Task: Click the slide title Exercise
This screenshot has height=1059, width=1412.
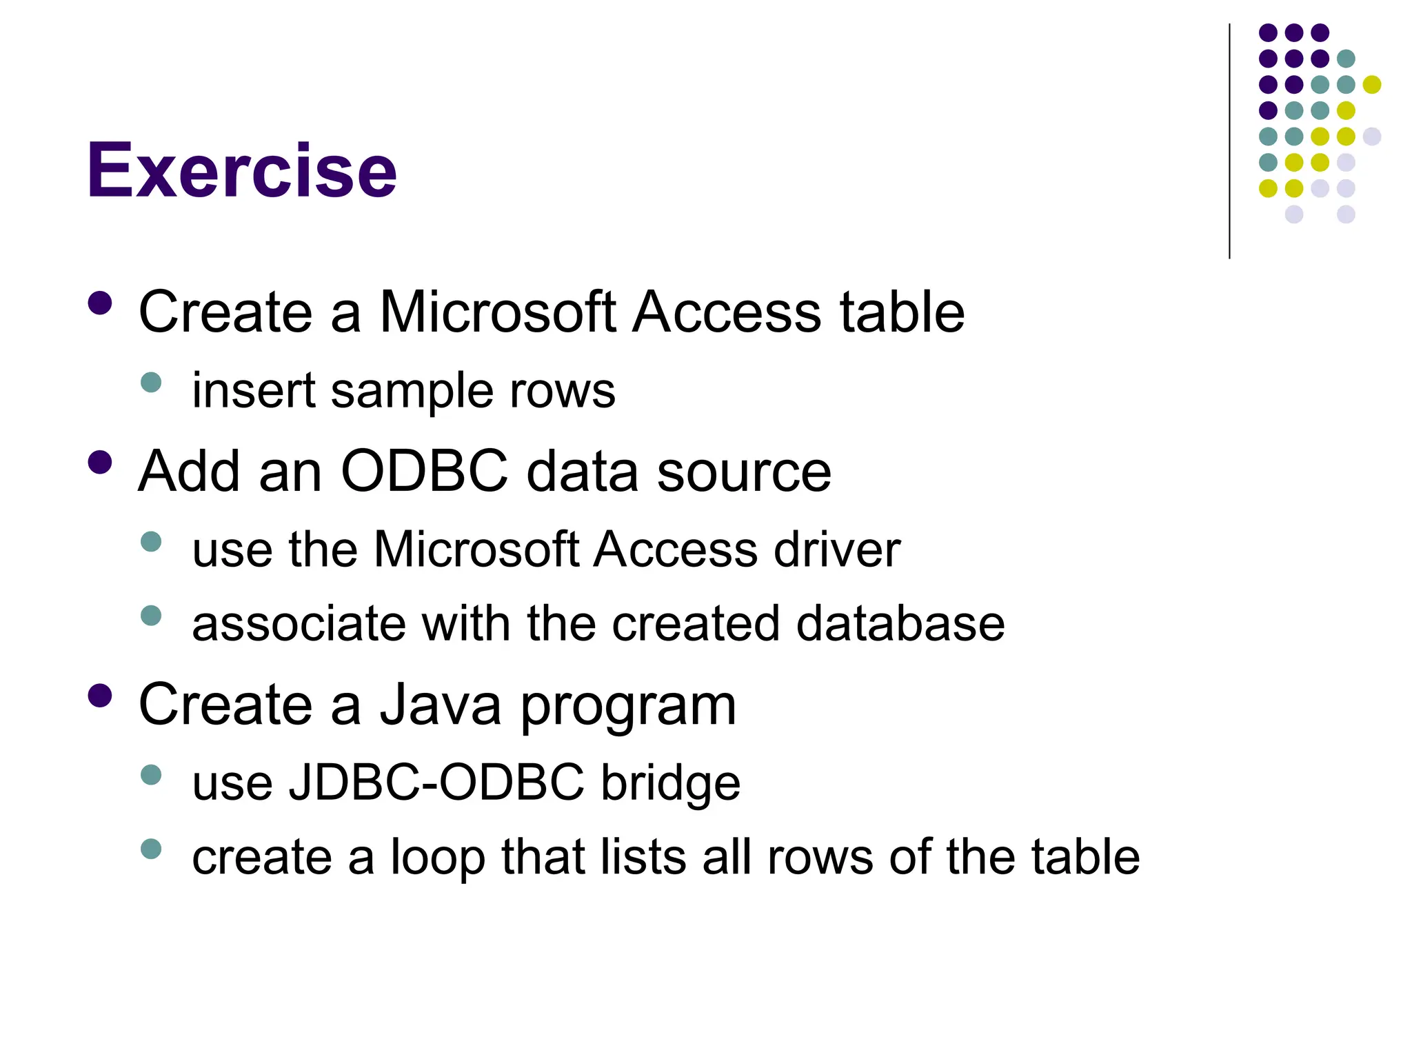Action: click(241, 170)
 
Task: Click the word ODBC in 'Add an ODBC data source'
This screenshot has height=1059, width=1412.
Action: click(424, 472)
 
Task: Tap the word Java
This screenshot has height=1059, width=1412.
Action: click(441, 705)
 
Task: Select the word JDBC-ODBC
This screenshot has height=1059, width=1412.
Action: click(436, 783)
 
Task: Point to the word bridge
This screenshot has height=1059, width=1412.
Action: click(670, 785)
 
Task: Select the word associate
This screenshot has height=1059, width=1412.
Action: click(297, 624)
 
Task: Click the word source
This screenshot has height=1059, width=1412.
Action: click(744, 473)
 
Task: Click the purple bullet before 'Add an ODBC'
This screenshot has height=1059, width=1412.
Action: click(101, 463)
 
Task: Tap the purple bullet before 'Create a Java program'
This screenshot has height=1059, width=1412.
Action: click(101, 696)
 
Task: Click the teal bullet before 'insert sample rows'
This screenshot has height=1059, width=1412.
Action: click(151, 382)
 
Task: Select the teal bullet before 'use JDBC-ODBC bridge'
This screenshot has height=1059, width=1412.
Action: click(151, 775)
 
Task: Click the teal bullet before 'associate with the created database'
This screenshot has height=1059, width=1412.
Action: click(151, 615)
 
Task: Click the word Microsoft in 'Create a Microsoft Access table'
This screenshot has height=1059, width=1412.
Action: click(497, 312)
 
